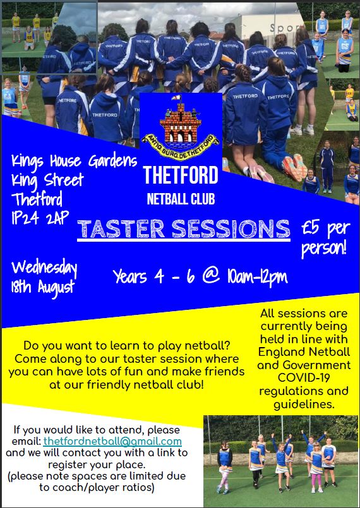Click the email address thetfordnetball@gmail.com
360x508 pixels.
(x=112, y=441)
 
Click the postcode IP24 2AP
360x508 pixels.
(x=40, y=218)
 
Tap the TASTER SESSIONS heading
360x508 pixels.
(x=184, y=228)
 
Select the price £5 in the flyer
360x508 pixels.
(x=311, y=228)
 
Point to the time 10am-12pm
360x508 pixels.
(x=257, y=277)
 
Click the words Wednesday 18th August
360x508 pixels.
(x=44, y=278)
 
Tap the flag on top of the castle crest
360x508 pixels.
(x=177, y=98)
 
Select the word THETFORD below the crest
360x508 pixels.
(x=181, y=175)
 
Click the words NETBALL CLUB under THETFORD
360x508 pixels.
(x=181, y=199)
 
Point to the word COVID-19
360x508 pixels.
(x=304, y=378)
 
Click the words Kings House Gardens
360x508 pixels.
(x=74, y=162)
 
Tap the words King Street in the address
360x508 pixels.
(x=47, y=180)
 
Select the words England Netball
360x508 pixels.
(x=304, y=352)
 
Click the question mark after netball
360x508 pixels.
(x=227, y=346)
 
